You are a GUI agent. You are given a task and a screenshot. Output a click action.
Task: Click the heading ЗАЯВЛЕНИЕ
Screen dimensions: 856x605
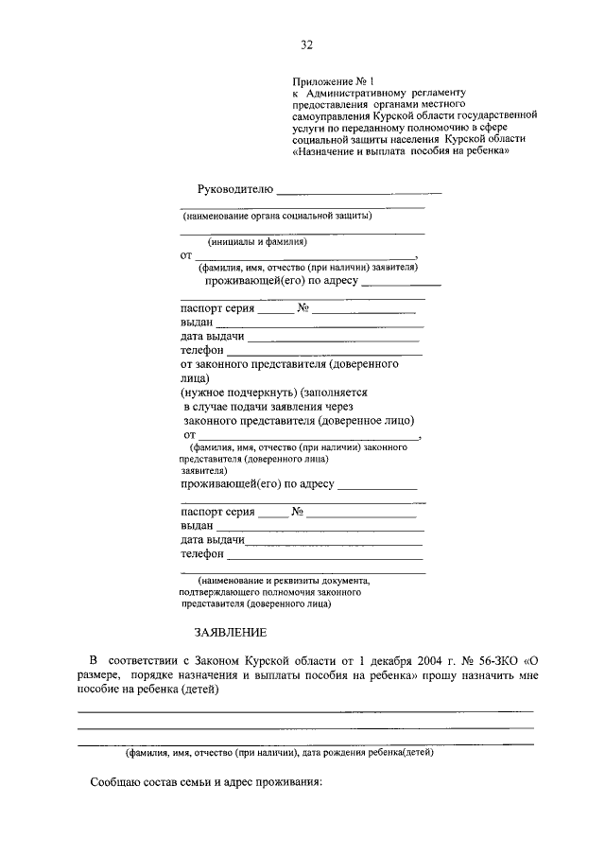[x=230, y=631]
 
